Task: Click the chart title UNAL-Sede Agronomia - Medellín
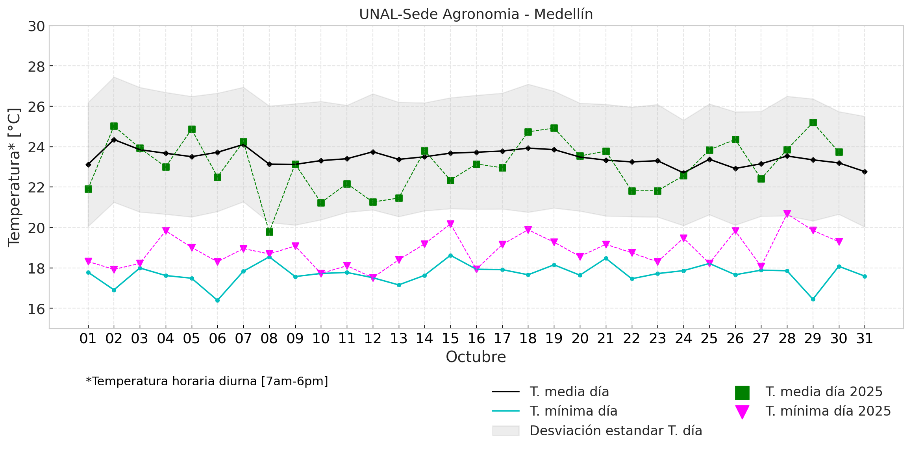tap(476, 14)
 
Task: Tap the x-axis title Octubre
tap(476, 357)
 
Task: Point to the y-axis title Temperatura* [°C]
tap(14, 177)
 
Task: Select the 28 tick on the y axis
tap(36, 67)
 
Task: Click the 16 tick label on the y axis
tap(36, 309)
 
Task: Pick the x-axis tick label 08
tap(269, 338)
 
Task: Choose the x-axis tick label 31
tap(865, 338)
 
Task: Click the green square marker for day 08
tap(269, 232)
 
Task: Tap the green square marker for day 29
tap(813, 123)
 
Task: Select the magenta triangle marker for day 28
tap(787, 214)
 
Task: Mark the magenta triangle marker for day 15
tap(450, 224)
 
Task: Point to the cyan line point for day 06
tap(217, 300)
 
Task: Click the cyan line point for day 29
tap(813, 299)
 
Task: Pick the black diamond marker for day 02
tap(114, 140)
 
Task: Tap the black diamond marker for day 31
tap(865, 172)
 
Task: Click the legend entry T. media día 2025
tap(824, 392)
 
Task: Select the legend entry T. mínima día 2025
tap(828, 411)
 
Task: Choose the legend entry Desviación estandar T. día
tap(615, 431)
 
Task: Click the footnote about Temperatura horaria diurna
tap(207, 381)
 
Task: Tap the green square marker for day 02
tap(114, 126)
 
